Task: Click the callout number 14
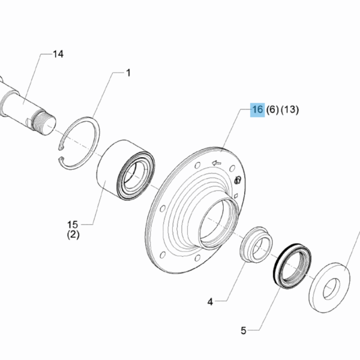coord(58,54)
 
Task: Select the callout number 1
coord(128,73)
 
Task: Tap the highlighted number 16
coord(257,110)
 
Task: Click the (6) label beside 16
coord(272,110)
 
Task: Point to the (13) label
coord(290,110)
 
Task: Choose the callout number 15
coord(73,224)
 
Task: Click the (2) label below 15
coord(73,235)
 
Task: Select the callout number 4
coord(210,302)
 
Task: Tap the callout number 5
coord(244,331)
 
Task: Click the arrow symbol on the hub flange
coord(217,163)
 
